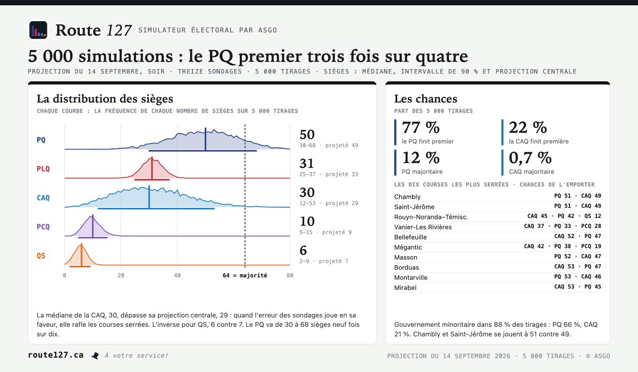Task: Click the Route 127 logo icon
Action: (x=38, y=30)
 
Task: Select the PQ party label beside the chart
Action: (x=41, y=140)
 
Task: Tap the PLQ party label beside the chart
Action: (x=43, y=169)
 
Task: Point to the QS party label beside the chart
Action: (x=41, y=256)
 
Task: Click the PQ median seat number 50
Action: (x=307, y=134)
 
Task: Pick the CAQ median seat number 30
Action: (x=307, y=193)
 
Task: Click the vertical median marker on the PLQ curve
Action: (x=152, y=168)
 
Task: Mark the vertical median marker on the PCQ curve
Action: (x=93, y=226)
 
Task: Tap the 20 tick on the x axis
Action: (x=121, y=275)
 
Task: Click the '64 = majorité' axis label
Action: (x=245, y=275)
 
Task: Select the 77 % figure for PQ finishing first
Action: (x=421, y=128)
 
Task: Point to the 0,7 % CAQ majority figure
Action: (x=530, y=158)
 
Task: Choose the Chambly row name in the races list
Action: (x=407, y=197)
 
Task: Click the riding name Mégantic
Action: (x=408, y=247)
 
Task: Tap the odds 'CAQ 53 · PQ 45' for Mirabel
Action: (x=577, y=287)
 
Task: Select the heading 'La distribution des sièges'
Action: (x=105, y=99)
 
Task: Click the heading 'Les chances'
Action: (x=426, y=99)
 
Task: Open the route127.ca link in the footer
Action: (x=56, y=355)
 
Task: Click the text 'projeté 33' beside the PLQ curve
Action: (x=342, y=174)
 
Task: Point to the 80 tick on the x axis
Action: (x=290, y=275)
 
